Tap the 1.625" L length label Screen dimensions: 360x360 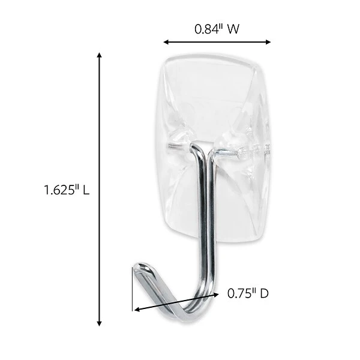click(x=67, y=191)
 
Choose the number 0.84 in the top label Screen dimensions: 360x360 click(x=206, y=28)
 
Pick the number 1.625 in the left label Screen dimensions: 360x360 click(x=59, y=191)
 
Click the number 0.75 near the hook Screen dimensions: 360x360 click(x=238, y=293)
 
